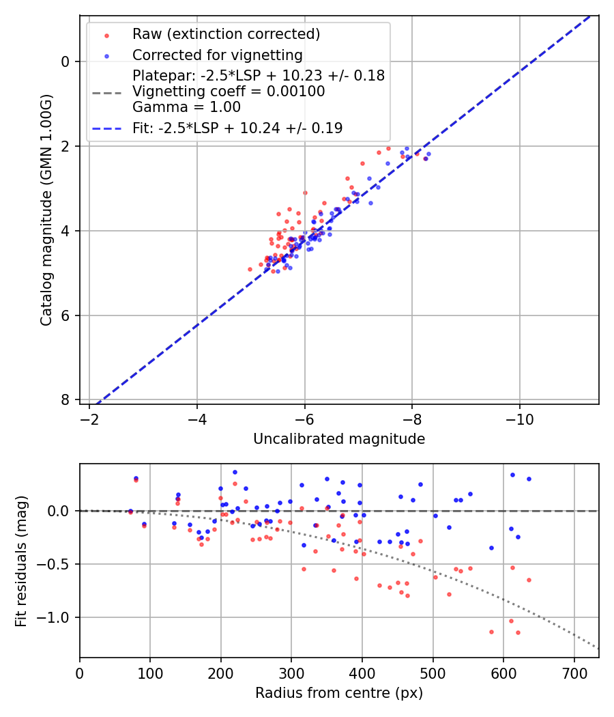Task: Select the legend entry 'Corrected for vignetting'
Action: pyautogui.click(x=217, y=55)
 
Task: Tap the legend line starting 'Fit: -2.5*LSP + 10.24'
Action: pyautogui.click(x=237, y=128)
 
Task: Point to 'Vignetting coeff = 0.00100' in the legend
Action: pyautogui.click(x=229, y=92)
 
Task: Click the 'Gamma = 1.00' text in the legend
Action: pyautogui.click(x=186, y=107)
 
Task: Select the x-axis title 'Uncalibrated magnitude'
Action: pyautogui.click(x=339, y=439)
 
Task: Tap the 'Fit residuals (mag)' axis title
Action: pyautogui.click(x=21, y=561)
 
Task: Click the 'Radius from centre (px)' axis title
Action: pyautogui.click(x=339, y=693)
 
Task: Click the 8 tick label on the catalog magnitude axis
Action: pyautogui.click(x=65, y=399)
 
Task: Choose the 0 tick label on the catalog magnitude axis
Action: pyautogui.click(x=65, y=61)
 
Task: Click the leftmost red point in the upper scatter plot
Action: pyautogui.click(x=250, y=269)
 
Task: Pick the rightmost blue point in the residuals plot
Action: pyautogui.click(x=529, y=479)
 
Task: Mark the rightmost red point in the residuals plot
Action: pyautogui.click(x=529, y=580)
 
